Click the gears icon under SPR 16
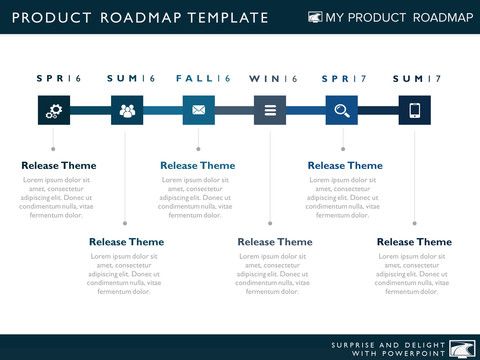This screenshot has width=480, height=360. pos(54,111)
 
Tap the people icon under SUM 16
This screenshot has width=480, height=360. pos(126,111)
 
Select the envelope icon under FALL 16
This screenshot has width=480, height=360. pos(198,111)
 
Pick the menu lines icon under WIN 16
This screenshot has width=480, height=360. pos(270,111)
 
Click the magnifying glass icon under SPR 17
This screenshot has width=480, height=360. pos(342,111)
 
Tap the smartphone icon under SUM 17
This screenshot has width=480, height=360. pos(414,111)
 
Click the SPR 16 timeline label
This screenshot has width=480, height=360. pos(59,79)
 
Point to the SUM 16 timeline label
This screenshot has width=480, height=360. pos(131,79)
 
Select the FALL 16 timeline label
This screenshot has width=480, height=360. pos(203,79)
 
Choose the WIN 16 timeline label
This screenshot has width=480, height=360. pos(274,79)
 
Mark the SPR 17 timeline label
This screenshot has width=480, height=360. pos(346,79)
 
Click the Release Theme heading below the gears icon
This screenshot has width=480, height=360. pos(59,166)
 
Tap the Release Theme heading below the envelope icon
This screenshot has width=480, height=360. pos(198,166)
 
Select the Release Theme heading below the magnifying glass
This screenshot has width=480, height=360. pos(345,166)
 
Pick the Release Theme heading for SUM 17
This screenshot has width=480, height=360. pos(414,242)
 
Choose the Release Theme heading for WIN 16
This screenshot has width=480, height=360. pos(275,242)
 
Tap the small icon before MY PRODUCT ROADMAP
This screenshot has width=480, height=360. pos(315,18)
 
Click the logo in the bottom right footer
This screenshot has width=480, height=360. pos(461,348)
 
